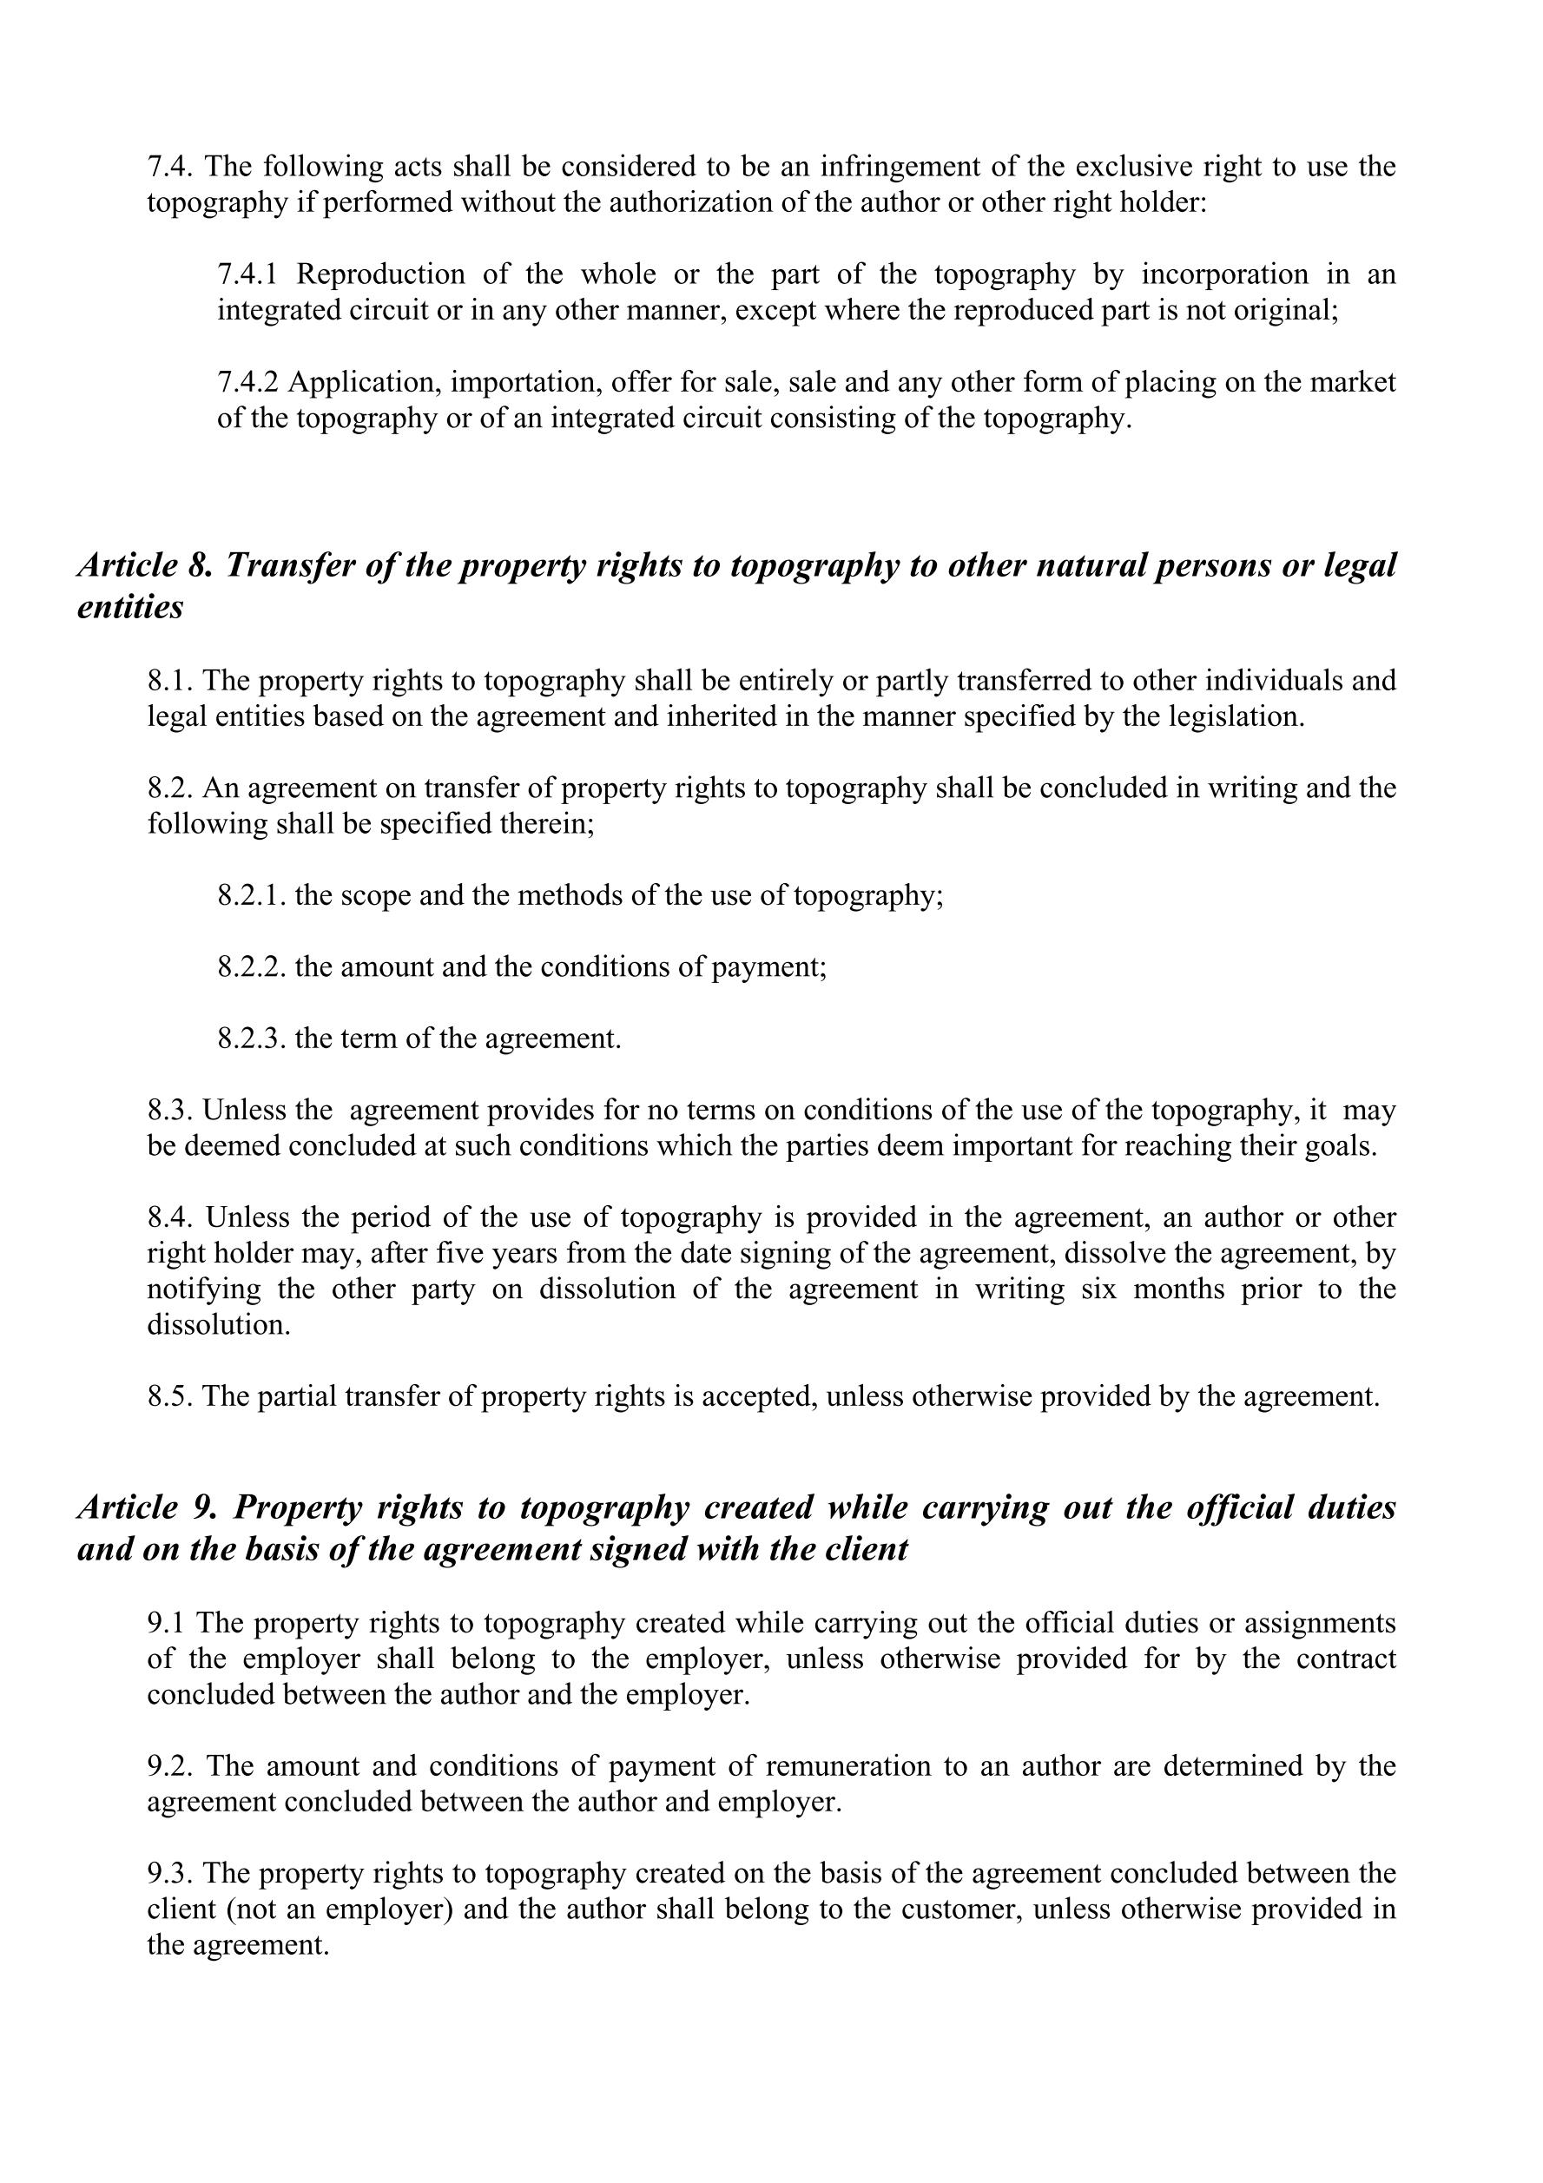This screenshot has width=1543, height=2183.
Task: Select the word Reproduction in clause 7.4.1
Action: [380, 274]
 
